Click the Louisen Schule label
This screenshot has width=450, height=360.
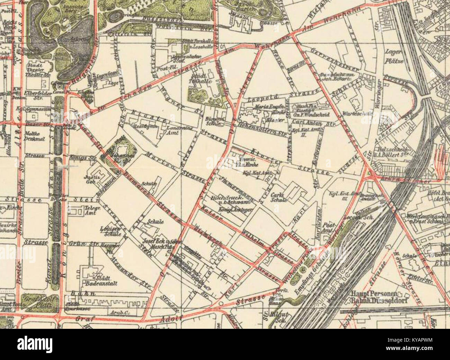point(110,231)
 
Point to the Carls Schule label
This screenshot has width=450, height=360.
point(279,197)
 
